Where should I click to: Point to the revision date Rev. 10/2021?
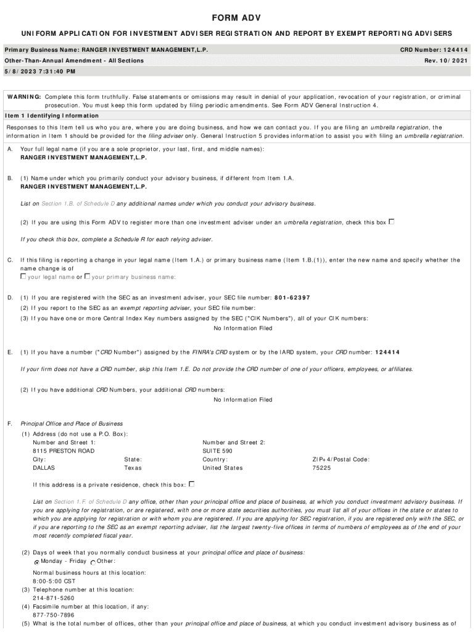click(x=446, y=60)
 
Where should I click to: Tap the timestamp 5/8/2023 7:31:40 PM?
click(x=40, y=72)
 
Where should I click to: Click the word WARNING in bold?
click(x=24, y=97)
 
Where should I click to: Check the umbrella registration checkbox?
click(x=391, y=222)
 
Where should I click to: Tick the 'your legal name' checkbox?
click(x=23, y=276)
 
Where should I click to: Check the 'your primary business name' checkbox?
click(x=88, y=276)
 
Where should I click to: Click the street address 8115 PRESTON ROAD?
click(x=64, y=451)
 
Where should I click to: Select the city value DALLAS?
click(x=44, y=468)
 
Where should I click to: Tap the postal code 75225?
click(x=321, y=468)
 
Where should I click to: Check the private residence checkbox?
click(x=191, y=484)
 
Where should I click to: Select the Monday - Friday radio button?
click(x=37, y=562)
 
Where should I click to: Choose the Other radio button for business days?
click(x=93, y=562)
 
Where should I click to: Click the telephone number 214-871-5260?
click(x=54, y=598)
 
